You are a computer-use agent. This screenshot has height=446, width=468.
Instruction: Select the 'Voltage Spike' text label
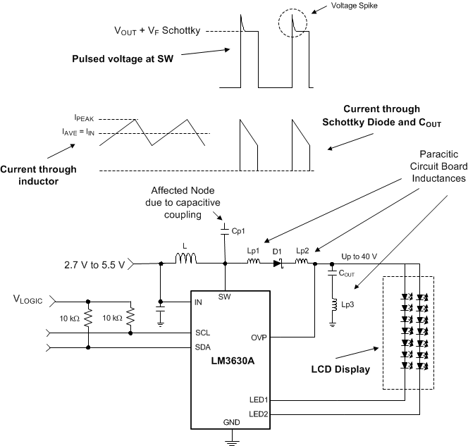pyautogui.click(x=355, y=7)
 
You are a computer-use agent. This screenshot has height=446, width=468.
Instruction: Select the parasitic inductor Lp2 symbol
pyautogui.click(x=301, y=264)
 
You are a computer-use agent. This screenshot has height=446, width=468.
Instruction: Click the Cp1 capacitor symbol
pyautogui.click(x=224, y=230)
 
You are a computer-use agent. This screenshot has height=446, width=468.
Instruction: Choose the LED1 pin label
pyautogui.click(x=259, y=399)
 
